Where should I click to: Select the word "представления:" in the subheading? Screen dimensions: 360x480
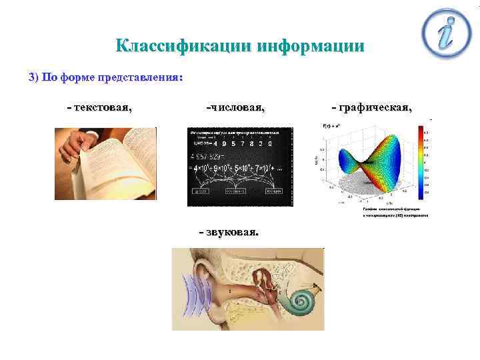(140, 77)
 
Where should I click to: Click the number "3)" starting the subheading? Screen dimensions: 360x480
(35, 77)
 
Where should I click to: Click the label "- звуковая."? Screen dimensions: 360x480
(230, 231)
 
